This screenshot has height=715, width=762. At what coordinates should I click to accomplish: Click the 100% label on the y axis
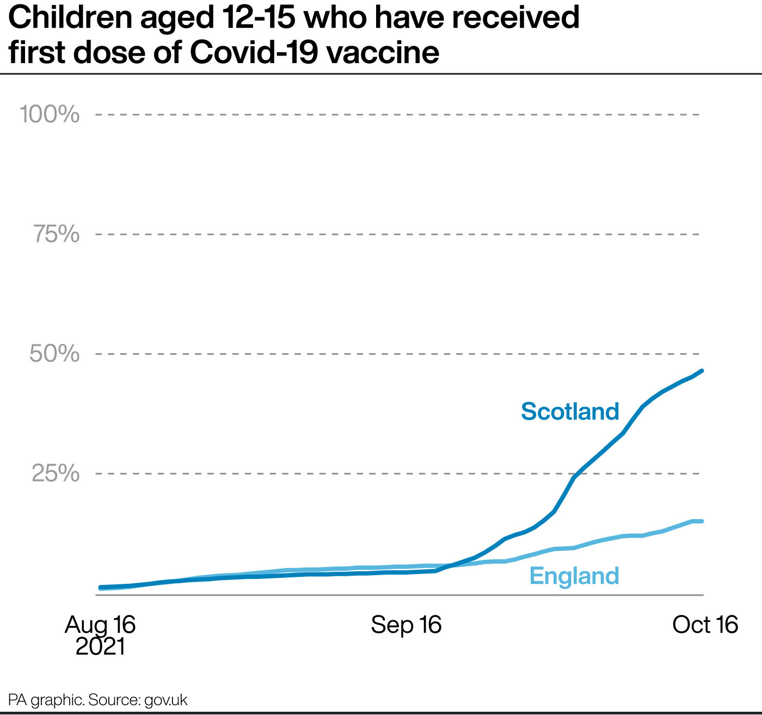click(x=50, y=114)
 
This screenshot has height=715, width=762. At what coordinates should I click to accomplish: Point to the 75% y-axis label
click(x=57, y=234)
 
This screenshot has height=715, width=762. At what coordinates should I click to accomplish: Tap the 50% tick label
click(x=54, y=354)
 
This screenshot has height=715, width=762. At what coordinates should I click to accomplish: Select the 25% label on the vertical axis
click(x=56, y=473)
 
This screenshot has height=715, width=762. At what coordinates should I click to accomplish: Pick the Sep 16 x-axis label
click(x=407, y=625)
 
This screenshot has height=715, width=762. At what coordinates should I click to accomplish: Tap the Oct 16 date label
click(x=705, y=625)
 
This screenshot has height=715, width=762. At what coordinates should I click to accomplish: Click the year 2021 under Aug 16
click(x=100, y=647)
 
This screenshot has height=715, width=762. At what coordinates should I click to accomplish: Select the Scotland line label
click(x=570, y=411)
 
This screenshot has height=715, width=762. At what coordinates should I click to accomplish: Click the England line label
click(x=574, y=576)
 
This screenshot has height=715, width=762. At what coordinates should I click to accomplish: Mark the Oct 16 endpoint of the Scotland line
click(x=702, y=371)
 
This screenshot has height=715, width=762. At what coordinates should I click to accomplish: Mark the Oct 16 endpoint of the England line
click(x=702, y=521)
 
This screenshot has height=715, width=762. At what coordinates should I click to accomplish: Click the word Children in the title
click(x=70, y=17)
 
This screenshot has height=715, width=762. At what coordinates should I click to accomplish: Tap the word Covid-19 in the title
click(x=254, y=52)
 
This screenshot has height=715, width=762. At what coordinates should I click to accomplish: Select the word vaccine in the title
click(x=383, y=53)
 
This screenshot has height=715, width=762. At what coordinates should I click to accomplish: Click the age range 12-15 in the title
click(x=260, y=17)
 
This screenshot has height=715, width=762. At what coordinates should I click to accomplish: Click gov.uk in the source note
click(x=166, y=700)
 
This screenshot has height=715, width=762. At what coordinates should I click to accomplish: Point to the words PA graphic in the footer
click(x=46, y=700)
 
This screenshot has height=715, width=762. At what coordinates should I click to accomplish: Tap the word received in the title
click(x=515, y=17)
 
